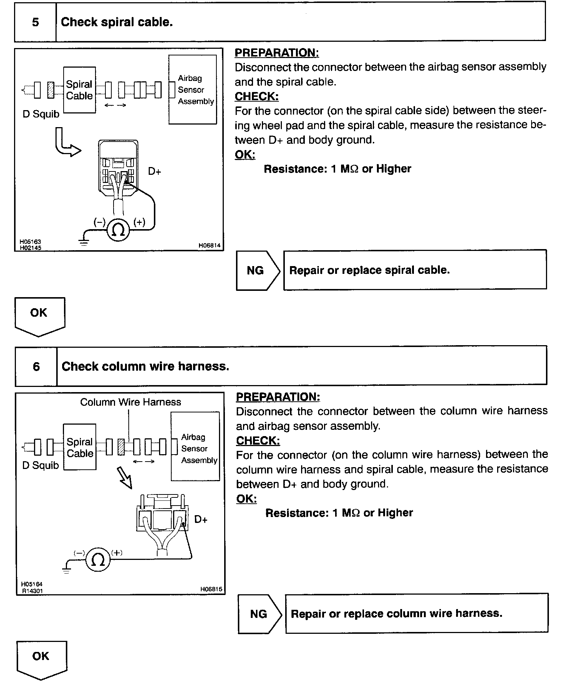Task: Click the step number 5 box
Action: [35, 22]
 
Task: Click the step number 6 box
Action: [36, 366]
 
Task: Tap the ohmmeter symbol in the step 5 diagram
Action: [118, 229]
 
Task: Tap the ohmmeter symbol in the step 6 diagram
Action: [98, 560]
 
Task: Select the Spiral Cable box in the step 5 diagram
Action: [80, 90]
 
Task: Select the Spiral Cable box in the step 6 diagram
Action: [80, 447]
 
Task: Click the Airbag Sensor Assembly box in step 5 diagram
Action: [193, 89]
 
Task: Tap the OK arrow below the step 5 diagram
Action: [40, 316]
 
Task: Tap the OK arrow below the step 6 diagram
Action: [41, 660]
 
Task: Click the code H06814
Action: [209, 245]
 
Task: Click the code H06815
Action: [211, 589]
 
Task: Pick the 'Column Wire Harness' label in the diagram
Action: [131, 402]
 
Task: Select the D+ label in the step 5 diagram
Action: [154, 171]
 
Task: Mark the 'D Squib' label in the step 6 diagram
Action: [41, 465]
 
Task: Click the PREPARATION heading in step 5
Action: [277, 53]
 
